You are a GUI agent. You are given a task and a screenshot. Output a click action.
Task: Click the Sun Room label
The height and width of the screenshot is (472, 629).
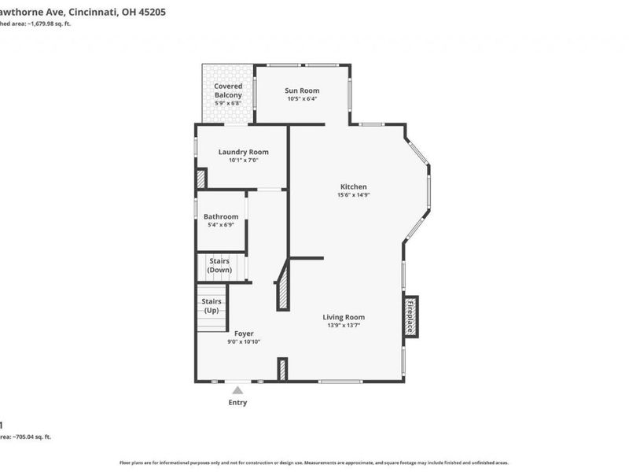(x=303, y=90)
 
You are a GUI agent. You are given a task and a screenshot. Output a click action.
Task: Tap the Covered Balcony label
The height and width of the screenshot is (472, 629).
(x=228, y=90)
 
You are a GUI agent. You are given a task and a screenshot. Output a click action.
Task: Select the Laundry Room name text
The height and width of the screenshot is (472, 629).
(x=243, y=152)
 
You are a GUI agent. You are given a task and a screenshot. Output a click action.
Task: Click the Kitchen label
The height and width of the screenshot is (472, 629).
(x=353, y=186)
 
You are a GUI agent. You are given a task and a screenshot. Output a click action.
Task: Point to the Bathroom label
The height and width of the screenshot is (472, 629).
(x=221, y=216)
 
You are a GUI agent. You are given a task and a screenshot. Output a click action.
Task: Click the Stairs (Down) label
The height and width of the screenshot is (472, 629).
(x=219, y=265)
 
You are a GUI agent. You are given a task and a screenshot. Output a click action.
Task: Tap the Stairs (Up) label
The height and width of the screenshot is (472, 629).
(x=212, y=305)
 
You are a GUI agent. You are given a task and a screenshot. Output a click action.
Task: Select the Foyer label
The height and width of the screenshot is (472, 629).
(x=244, y=334)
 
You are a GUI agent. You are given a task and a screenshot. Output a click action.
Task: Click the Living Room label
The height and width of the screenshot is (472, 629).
(x=344, y=317)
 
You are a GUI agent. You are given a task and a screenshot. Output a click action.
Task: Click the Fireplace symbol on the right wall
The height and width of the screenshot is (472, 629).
(x=410, y=315)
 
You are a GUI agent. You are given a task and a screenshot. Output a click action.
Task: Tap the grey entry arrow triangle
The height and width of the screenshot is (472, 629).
(x=237, y=389)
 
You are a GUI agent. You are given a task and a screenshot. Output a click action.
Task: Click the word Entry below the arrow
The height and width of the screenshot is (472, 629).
(x=237, y=403)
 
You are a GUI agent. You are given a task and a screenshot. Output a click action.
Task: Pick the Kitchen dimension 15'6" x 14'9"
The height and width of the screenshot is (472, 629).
(x=353, y=195)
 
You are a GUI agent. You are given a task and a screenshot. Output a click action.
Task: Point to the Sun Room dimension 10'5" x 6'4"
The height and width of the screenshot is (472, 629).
(x=303, y=99)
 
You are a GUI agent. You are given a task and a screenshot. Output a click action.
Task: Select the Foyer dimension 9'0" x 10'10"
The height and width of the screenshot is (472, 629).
(x=244, y=341)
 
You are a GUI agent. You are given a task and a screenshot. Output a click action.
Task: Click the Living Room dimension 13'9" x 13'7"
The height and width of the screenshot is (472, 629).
(x=344, y=326)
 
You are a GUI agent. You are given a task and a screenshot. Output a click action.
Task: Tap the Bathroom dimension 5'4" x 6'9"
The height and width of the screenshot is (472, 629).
(x=221, y=225)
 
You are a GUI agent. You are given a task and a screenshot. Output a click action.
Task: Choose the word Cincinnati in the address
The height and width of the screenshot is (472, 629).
(x=94, y=12)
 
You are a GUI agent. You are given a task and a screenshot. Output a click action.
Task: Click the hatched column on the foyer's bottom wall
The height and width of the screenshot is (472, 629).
(x=282, y=369)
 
